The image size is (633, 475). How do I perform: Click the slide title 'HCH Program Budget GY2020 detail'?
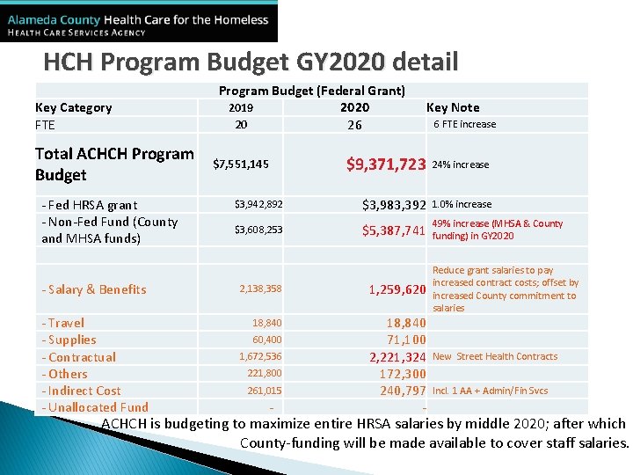(251, 62)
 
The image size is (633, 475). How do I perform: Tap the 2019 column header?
(241, 108)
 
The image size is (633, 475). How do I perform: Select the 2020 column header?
(355, 107)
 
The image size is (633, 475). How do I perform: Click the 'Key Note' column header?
(453, 107)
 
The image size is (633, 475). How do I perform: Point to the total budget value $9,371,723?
(386, 164)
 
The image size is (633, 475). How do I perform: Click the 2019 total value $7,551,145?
(241, 164)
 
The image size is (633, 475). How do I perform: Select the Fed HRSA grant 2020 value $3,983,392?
(395, 205)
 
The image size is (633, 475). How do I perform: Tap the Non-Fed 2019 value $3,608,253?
(258, 230)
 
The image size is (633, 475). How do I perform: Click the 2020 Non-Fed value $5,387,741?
(395, 230)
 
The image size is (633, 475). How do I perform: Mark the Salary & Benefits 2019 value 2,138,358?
(260, 289)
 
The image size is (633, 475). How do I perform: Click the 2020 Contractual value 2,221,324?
(397, 357)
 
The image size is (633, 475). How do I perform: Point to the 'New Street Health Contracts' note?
(495, 356)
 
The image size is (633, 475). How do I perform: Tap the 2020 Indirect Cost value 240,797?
(403, 391)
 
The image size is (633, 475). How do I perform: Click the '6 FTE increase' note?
(465, 125)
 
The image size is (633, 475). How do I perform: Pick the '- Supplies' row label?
(69, 340)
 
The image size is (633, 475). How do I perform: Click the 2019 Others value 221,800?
(265, 373)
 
